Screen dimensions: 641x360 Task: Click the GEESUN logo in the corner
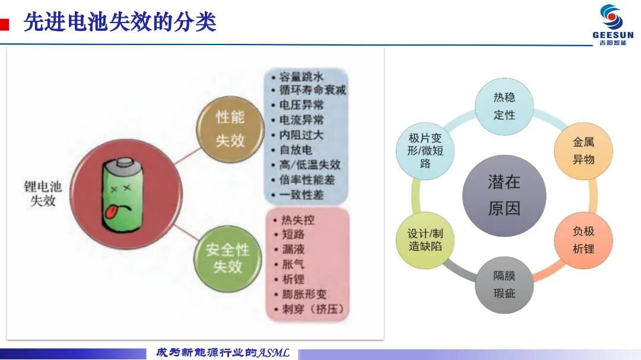pos(613,25)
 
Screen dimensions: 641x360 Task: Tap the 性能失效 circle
pos(230,129)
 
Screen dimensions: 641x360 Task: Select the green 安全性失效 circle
pos(228,258)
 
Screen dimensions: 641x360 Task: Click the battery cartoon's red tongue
pos(110,212)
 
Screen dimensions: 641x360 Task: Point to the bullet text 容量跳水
pos(302,77)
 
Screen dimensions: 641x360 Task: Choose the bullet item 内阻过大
pos(302,135)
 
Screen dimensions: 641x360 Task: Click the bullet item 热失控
pos(297,220)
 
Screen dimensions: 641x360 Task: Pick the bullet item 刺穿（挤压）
pos(313,309)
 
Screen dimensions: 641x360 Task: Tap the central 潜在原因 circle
pos(504,195)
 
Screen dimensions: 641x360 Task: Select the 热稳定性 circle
pos(504,106)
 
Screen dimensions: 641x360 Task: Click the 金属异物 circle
pos(583,151)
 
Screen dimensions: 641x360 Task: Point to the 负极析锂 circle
pos(583,240)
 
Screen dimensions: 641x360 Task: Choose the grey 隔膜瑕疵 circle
pos(504,285)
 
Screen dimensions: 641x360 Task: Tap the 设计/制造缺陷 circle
pos(425,240)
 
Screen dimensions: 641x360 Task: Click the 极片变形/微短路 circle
pos(425,151)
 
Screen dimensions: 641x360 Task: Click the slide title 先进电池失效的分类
pos(120,22)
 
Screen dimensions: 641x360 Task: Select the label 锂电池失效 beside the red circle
pos(43,194)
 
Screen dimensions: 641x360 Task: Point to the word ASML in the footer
pos(273,353)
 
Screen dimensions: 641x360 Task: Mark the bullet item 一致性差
pos(302,195)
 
